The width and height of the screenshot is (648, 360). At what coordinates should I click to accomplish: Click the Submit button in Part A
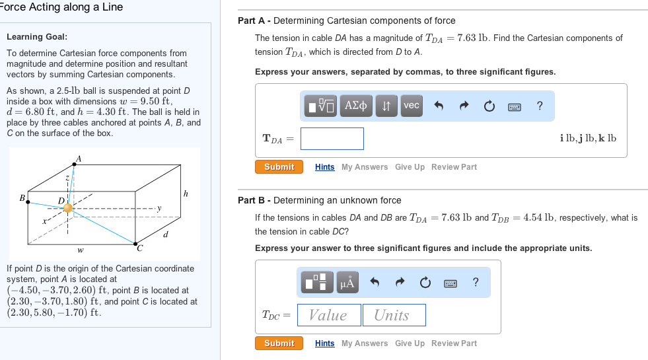(279, 167)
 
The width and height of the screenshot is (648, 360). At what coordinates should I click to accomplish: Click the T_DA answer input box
(332, 139)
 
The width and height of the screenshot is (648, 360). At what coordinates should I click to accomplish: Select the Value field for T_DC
(329, 315)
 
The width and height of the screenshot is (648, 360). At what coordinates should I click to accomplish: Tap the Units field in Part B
(394, 315)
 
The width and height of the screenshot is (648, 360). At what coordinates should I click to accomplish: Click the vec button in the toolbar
(411, 106)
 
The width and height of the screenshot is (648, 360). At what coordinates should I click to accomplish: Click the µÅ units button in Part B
(347, 283)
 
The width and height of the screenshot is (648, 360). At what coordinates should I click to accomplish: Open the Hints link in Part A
(324, 167)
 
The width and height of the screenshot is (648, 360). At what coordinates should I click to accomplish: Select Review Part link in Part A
(454, 167)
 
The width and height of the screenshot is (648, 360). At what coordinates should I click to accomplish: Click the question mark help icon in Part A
(540, 106)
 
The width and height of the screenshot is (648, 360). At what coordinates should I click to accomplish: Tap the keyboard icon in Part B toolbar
(450, 283)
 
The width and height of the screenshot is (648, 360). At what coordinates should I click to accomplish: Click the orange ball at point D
(67, 208)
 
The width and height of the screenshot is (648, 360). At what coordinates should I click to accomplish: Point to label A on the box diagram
(79, 159)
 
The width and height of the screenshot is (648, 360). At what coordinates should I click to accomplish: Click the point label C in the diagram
(139, 249)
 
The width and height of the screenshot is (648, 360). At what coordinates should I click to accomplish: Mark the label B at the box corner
(22, 197)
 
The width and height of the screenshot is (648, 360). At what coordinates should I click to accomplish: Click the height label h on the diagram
(186, 194)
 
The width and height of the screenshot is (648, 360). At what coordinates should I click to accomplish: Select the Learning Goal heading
(37, 37)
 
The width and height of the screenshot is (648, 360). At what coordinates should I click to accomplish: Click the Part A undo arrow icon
(437, 106)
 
